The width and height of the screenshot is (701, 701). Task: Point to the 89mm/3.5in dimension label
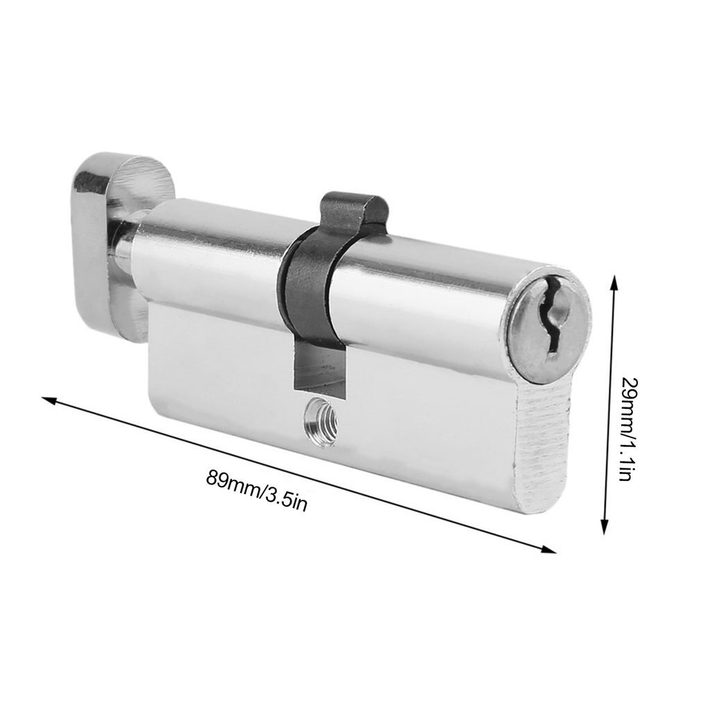click(256, 489)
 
